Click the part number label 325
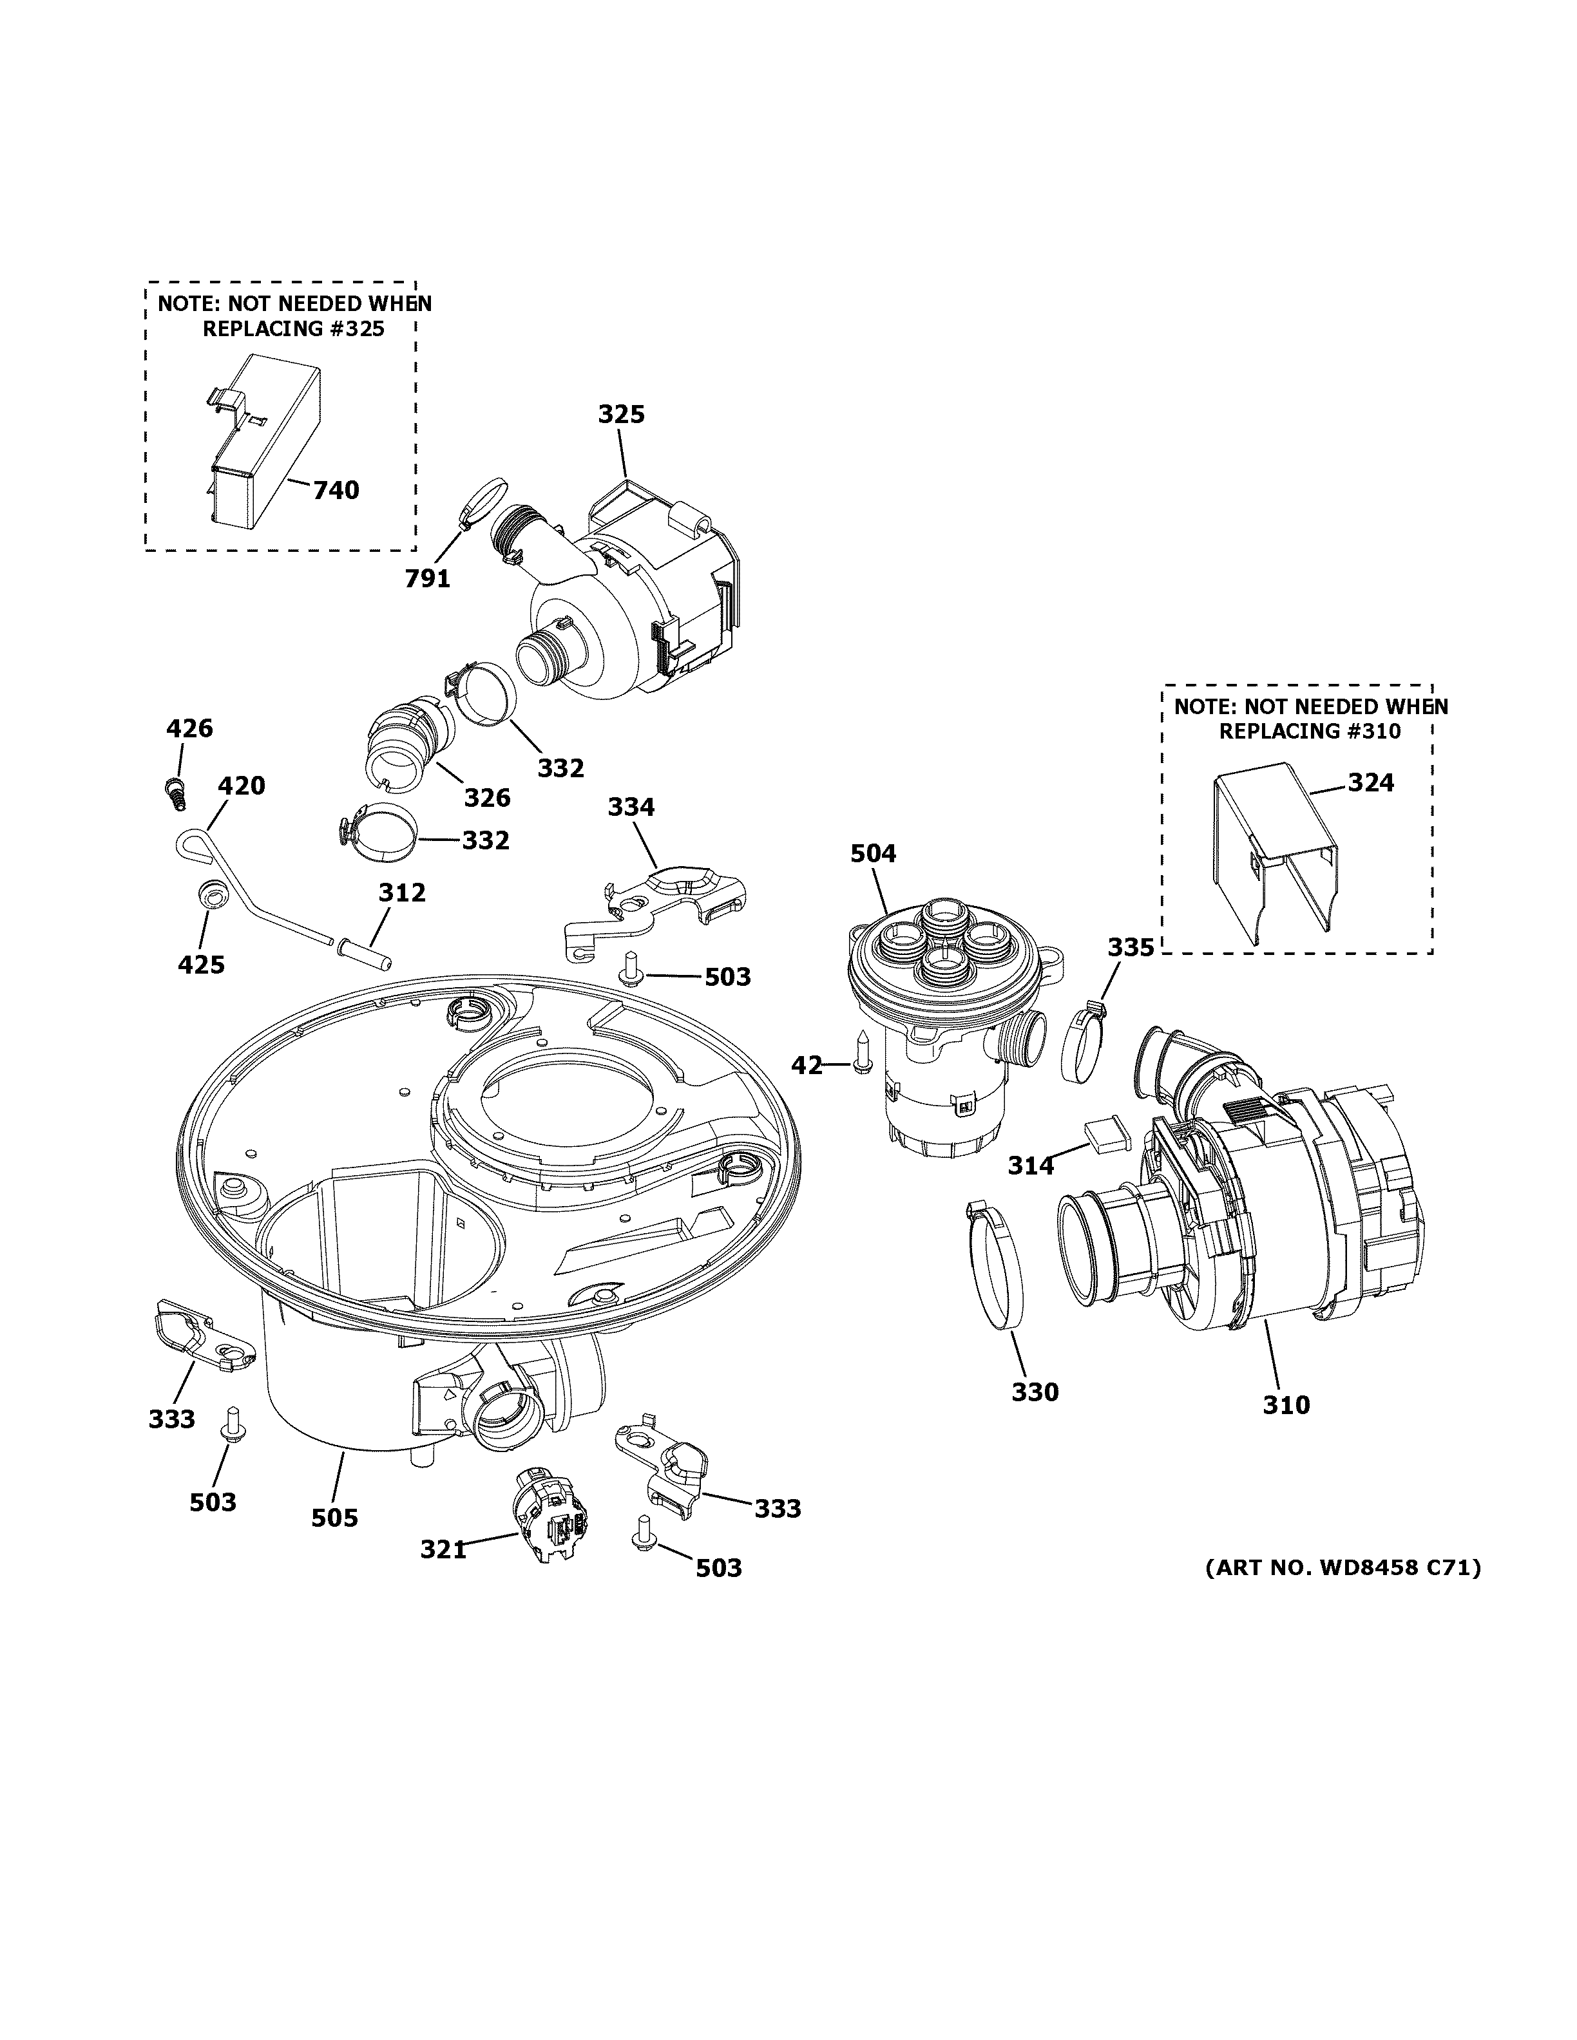(621, 414)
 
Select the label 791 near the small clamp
(427, 579)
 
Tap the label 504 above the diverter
(873, 853)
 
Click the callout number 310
(1286, 1430)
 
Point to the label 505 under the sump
(334, 1518)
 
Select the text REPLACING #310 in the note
(1309, 732)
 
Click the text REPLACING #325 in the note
(293, 329)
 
